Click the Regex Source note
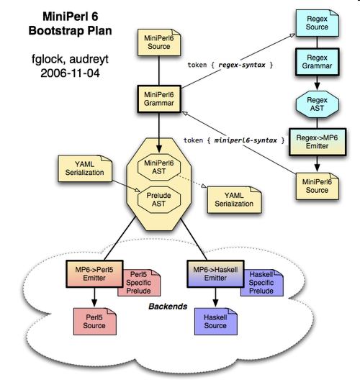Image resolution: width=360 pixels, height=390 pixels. tap(317, 23)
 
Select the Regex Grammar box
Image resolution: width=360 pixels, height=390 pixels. tap(317, 62)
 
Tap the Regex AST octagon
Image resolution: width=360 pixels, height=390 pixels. tap(317, 104)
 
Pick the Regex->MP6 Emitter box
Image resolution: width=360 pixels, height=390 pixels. tap(318, 142)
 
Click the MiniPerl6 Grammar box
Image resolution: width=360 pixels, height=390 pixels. tap(159, 99)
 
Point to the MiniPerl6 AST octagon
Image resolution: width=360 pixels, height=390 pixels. tap(159, 167)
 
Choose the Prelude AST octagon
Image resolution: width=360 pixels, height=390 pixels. tap(159, 199)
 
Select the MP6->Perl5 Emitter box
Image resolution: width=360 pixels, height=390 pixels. tap(94, 274)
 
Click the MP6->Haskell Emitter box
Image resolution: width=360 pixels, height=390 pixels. tap(215, 274)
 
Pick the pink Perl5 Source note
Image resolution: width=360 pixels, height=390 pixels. tap(94, 322)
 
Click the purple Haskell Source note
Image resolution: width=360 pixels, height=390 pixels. tap(215, 322)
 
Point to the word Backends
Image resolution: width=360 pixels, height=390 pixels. tap(168, 307)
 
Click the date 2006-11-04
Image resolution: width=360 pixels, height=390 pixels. tap(70, 73)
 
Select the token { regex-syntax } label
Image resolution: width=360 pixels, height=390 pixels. tap(230, 65)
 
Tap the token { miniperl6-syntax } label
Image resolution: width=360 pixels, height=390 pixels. tap(234, 140)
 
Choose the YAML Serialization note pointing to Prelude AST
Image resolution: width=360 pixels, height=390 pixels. tap(85, 168)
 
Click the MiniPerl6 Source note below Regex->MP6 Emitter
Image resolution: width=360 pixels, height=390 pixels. tap(318, 186)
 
